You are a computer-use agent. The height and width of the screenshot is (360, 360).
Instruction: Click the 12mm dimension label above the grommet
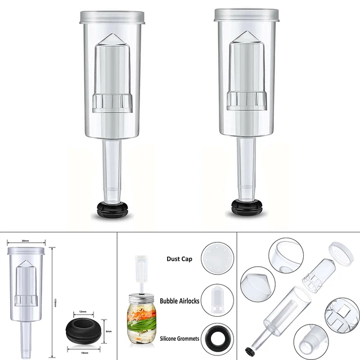tap(82, 311)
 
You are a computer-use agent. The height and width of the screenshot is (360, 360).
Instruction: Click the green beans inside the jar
tap(144, 326)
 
